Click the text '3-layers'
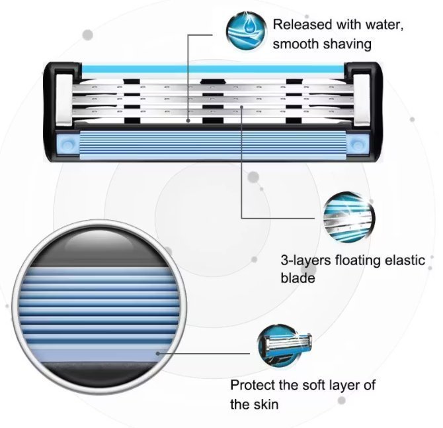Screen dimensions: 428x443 pyautogui.click(x=303, y=260)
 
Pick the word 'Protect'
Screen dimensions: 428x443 pyautogui.click(x=252, y=385)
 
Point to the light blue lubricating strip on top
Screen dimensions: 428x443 pyautogui.click(x=212, y=68)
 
